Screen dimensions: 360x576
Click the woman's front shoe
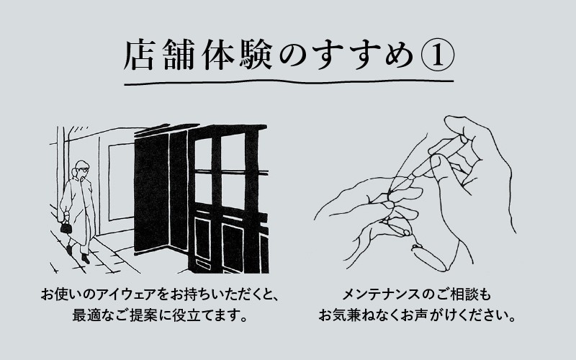85,257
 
